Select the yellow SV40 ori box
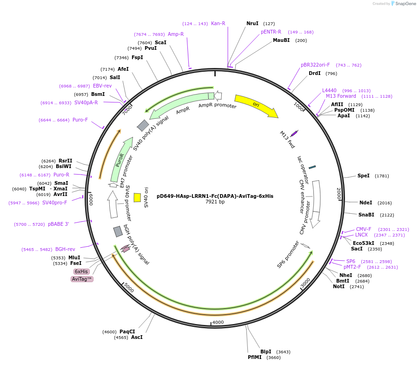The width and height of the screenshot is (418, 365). coord(137,197)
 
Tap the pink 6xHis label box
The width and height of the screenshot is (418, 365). coord(81,271)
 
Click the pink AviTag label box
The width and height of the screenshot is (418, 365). coord(82,279)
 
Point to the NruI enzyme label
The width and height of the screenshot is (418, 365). coord(252,23)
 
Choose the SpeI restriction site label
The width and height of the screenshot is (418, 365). coord(364,176)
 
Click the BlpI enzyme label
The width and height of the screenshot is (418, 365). coord(266,351)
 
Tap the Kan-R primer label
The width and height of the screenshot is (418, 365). coord(218,23)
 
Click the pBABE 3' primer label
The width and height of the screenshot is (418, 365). coord(59,224)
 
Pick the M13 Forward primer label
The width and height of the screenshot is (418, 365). coord(341,96)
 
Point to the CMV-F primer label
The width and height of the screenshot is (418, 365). coord(364,229)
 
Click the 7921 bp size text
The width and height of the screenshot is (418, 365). coord(215,202)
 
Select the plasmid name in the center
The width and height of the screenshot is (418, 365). coord(215,196)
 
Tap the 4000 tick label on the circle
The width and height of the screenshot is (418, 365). coord(218,322)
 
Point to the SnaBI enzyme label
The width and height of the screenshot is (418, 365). coord(366,215)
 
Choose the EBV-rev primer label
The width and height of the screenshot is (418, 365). coord(102,86)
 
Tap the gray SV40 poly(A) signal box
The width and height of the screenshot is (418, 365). coord(143,125)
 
